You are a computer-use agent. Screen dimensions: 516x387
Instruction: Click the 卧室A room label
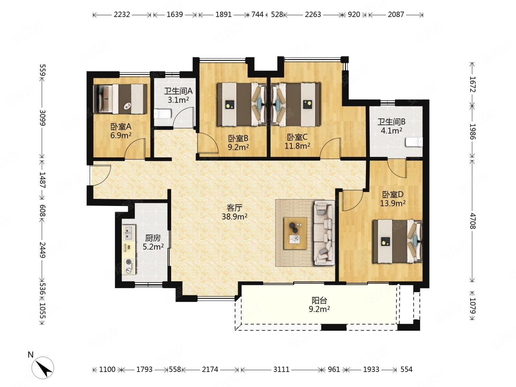tap(121, 127)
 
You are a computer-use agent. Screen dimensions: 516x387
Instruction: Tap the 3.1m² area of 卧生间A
tap(178, 100)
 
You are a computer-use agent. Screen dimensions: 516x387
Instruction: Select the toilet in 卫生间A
tap(163, 114)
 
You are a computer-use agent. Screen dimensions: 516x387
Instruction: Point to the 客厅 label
tap(234, 208)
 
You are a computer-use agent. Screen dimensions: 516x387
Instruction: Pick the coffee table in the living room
tap(295, 233)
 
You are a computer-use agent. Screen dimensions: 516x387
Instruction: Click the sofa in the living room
tap(324, 233)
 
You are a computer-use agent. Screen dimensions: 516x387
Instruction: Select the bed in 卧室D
tap(397, 241)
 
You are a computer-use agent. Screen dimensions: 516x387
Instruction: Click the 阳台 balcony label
tap(319, 301)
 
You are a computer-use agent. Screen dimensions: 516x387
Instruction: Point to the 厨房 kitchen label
tap(153, 238)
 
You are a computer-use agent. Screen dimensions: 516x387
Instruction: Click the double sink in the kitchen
tap(129, 233)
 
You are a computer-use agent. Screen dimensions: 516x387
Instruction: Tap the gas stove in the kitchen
tap(129, 266)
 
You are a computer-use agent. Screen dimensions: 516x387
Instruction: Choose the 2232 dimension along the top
tap(122, 15)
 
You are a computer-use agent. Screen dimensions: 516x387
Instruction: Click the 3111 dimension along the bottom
tap(281, 370)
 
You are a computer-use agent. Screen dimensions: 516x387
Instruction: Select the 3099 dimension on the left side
tap(42, 118)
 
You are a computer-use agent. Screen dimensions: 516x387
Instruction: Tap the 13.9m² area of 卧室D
tap(392, 203)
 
